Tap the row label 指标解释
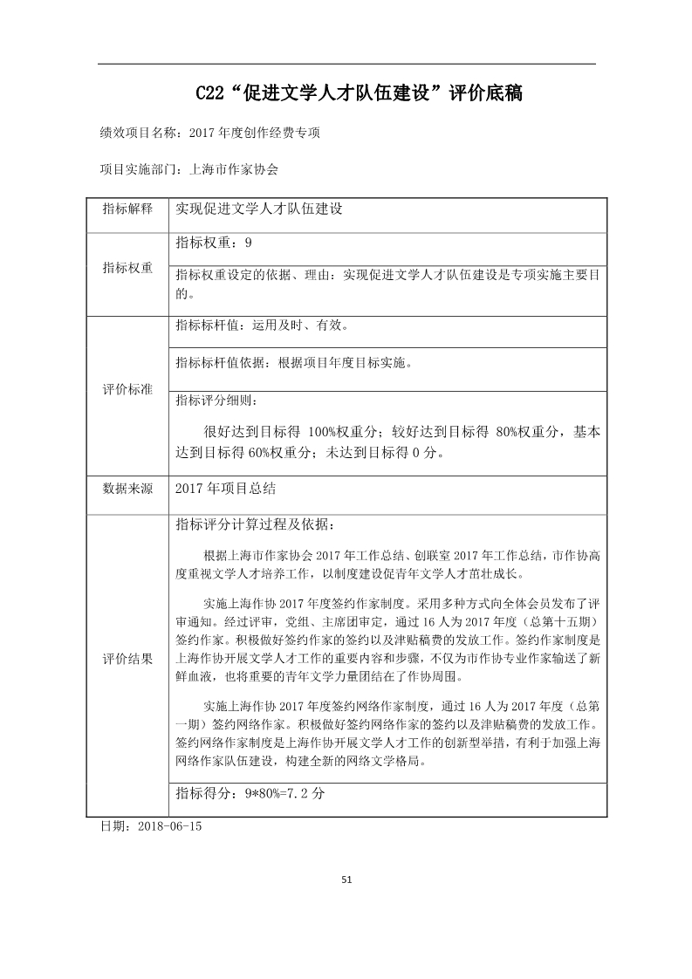127,209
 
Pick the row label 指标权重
127,269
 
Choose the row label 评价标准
127,390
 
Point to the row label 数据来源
127,489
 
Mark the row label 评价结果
127,658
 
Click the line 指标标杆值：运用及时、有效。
262,326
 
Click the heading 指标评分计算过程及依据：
254,524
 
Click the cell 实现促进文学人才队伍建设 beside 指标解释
258,209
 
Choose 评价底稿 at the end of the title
485,92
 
